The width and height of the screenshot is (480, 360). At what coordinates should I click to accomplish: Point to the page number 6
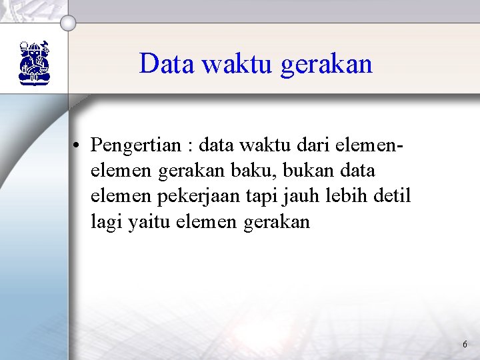(x=465, y=345)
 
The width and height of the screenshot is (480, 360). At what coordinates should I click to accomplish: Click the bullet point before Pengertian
(x=79, y=145)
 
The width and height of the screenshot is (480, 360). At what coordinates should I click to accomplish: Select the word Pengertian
(x=134, y=145)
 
